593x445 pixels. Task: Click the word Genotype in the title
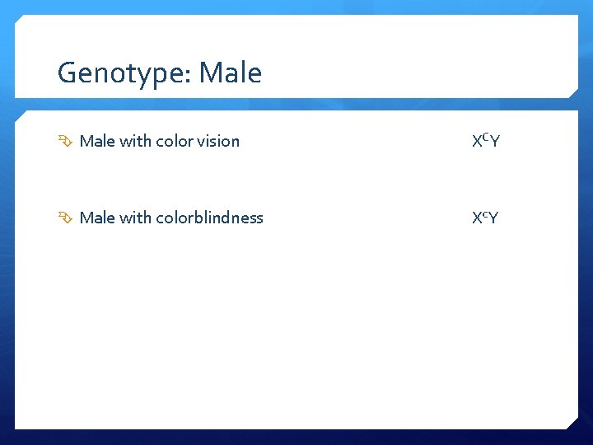pos(121,74)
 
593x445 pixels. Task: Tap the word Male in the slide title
pos(230,73)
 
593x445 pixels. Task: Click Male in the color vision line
pos(97,141)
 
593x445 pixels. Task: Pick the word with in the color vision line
pos(136,141)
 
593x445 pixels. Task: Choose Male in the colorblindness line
pos(97,218)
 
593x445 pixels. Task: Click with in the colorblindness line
pos(136,218)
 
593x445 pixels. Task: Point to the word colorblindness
pos(209,218)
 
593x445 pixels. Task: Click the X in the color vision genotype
pos(477,142)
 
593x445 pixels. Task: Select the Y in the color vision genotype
pos(495,142)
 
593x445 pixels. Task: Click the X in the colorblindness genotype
pos(477,218)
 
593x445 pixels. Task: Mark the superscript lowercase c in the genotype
pos(485,216)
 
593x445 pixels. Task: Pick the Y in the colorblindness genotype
pos(493,218)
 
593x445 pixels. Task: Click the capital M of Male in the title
pos(209,73)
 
